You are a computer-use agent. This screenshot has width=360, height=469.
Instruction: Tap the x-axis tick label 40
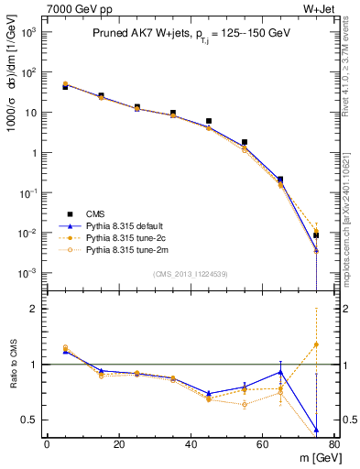point(191,444)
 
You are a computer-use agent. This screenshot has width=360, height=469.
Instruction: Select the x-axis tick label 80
point(334,444)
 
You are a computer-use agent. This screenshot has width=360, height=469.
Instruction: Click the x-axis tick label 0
point(47,444)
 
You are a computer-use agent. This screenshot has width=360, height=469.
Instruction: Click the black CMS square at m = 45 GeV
point(209,121)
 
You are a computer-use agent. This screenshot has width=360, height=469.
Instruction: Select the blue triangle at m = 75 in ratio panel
point(316,430)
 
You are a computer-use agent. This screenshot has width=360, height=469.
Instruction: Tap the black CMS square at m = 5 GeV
point(65,87)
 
